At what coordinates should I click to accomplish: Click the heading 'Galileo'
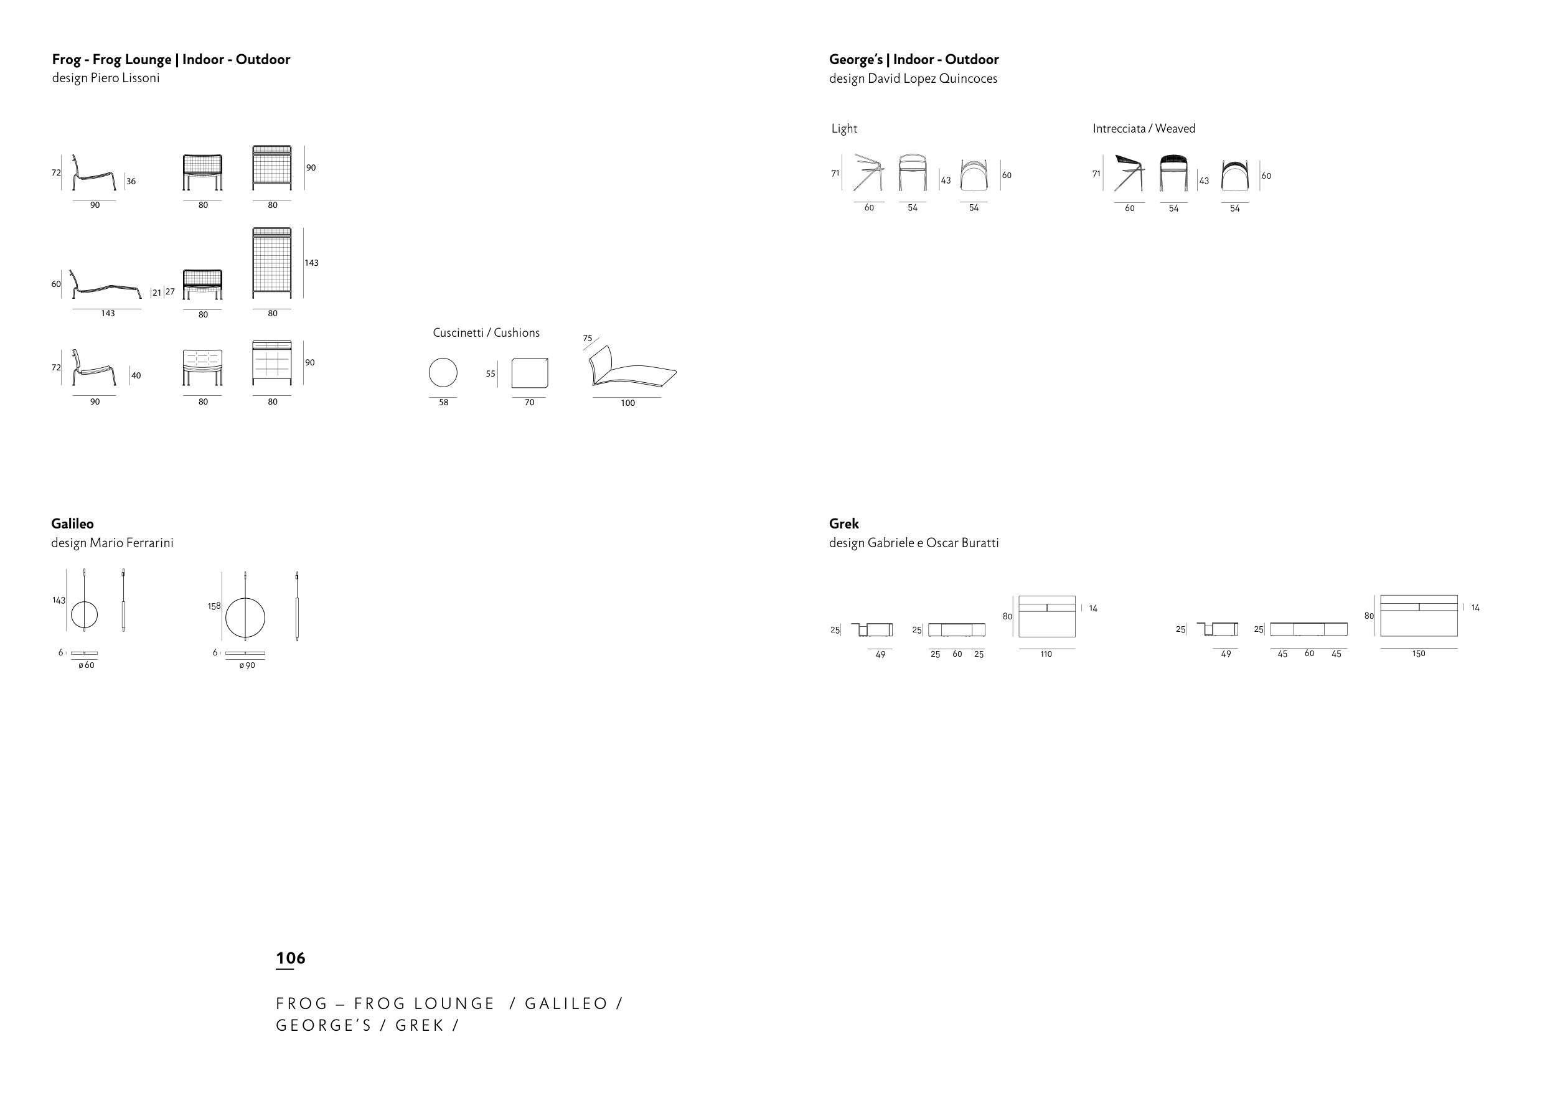click(72, 523)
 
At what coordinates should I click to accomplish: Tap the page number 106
click(291, 959)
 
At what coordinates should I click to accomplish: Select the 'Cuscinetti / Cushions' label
click(486, 333)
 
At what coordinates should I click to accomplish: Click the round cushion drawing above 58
click(443, 373)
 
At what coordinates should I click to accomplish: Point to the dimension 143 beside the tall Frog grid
click(312, 263)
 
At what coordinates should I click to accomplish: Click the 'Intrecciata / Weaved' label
click(1144, 128)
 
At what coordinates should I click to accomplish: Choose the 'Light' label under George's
click(844, 128)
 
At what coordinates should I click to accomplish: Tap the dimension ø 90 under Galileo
click(247, 665)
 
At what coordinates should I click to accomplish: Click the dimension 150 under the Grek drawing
click(1419, 654)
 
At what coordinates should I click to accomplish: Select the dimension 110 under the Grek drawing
click(1046, 654)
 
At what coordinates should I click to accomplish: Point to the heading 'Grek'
click(843, 523)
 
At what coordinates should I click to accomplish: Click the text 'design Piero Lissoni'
click(106, 78)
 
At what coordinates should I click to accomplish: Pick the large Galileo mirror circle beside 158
click(245, 618)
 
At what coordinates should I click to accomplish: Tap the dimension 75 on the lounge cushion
click(588, 338)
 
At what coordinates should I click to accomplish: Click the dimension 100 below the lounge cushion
click(627, 403)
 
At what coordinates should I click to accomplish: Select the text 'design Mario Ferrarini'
click(112, 543)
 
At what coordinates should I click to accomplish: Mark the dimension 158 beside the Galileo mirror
click(214, 606)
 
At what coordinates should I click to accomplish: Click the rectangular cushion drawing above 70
click(530, 373)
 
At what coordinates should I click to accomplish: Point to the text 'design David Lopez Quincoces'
click(913, 79)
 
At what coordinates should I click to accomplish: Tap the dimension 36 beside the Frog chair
click(131, 181)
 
